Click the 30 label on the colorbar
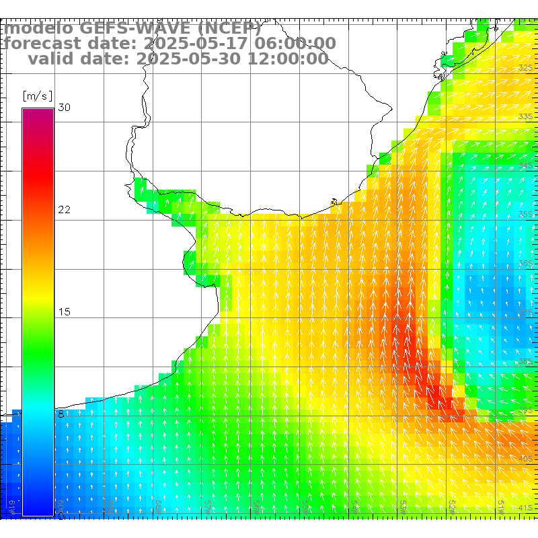(65, 108)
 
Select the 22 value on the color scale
(65, 210)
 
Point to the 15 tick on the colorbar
(65, 312)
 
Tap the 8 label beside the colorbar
(61, 414)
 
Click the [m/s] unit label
(37, 95)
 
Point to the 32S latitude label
(526, 68)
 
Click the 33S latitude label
(526, 117)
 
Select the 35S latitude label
(526, 215)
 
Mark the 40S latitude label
(526, 459)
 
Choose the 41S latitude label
(526, 508)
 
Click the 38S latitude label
(526, 361)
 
